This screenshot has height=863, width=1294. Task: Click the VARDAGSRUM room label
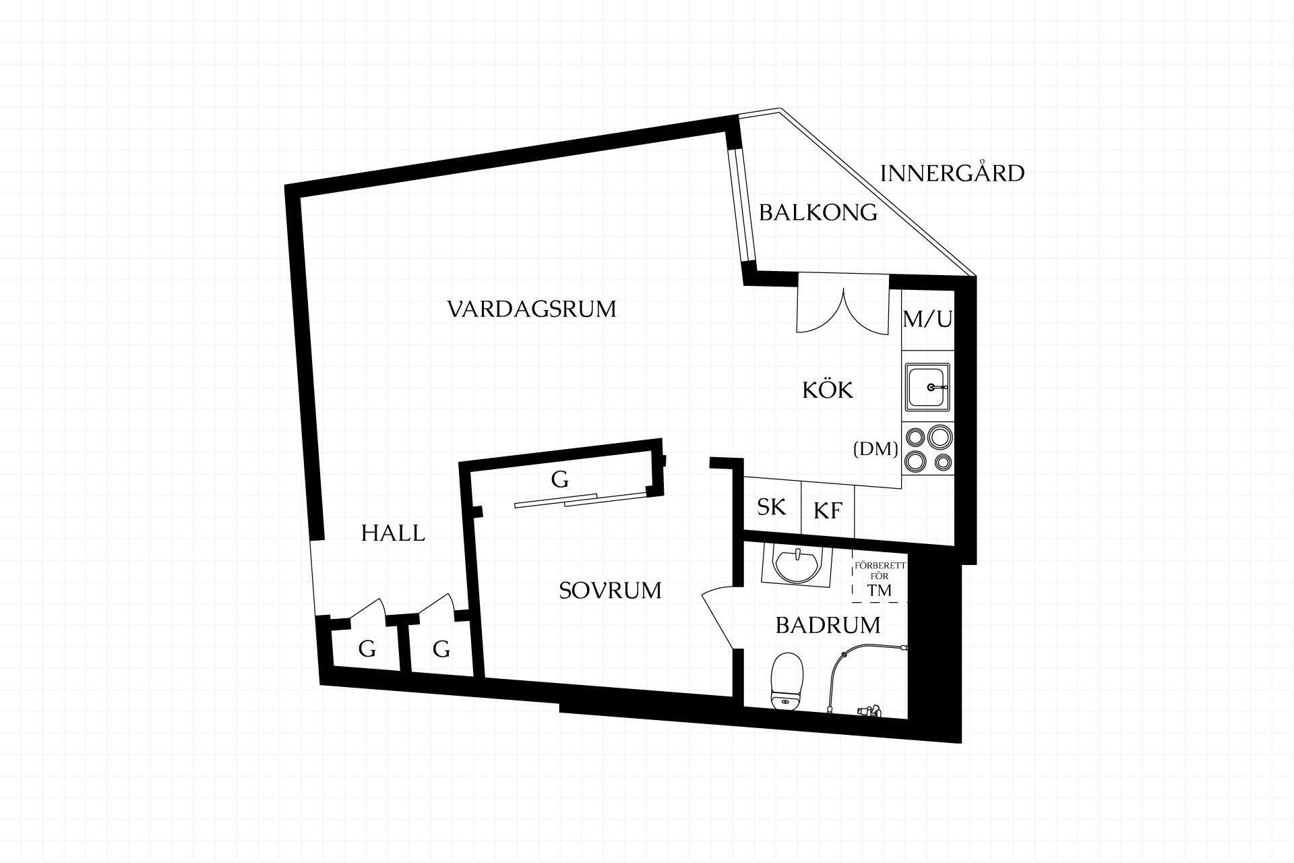coord(532,309)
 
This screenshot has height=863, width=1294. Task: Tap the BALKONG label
coord(818,213)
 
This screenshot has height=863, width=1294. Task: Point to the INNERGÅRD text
coord(952,173)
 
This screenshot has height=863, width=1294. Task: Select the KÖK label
coord(828,389)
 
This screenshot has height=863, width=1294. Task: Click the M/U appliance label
coord(927,318)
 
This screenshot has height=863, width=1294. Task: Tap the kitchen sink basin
coord(927,387)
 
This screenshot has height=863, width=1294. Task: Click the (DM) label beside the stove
coord(875,449)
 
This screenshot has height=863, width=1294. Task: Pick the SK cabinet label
coord(771,507)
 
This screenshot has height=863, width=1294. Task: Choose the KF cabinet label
coord(828,510)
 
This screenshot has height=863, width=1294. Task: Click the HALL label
coord(393,533)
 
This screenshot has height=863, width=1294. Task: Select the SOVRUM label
coord(610,591)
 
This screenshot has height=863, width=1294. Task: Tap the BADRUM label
coord(828,626)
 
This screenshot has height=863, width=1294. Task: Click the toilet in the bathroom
coord(787,682)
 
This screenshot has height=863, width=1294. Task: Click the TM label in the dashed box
coord(880,591)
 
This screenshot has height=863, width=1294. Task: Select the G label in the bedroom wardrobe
coord(559,479)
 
